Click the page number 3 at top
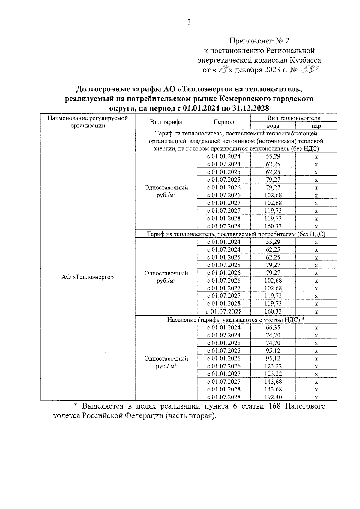pyautogui.click(x=189, y=22)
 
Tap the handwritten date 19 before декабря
pyautogui.click(x=222, y=70)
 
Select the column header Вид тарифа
pyautogui.click(x=166, y=122)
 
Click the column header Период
pyautogui.click(x=223, y=122)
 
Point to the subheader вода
pyautogui.click(x=273, y=126)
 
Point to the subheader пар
pyautogui.click(x=316, y=126)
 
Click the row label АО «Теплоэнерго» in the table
pyautogui.click(x=88, y=277)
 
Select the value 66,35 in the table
pyautogui.click(x=273, y=327)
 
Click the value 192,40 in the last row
pyautogui.click(x=273, y=397)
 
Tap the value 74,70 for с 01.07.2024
pyautogui.click(x=273, y=335)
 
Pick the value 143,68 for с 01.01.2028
pyautogui.click(x=273, y=389)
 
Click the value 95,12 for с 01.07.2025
pyautogui.click(x=273, y=350)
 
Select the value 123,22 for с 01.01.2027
pyautogui.click(x=273, y=374)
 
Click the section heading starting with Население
pyautogui.click(x=236, y=320)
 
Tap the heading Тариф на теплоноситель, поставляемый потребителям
pyautogui.click(x=236, y=234)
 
